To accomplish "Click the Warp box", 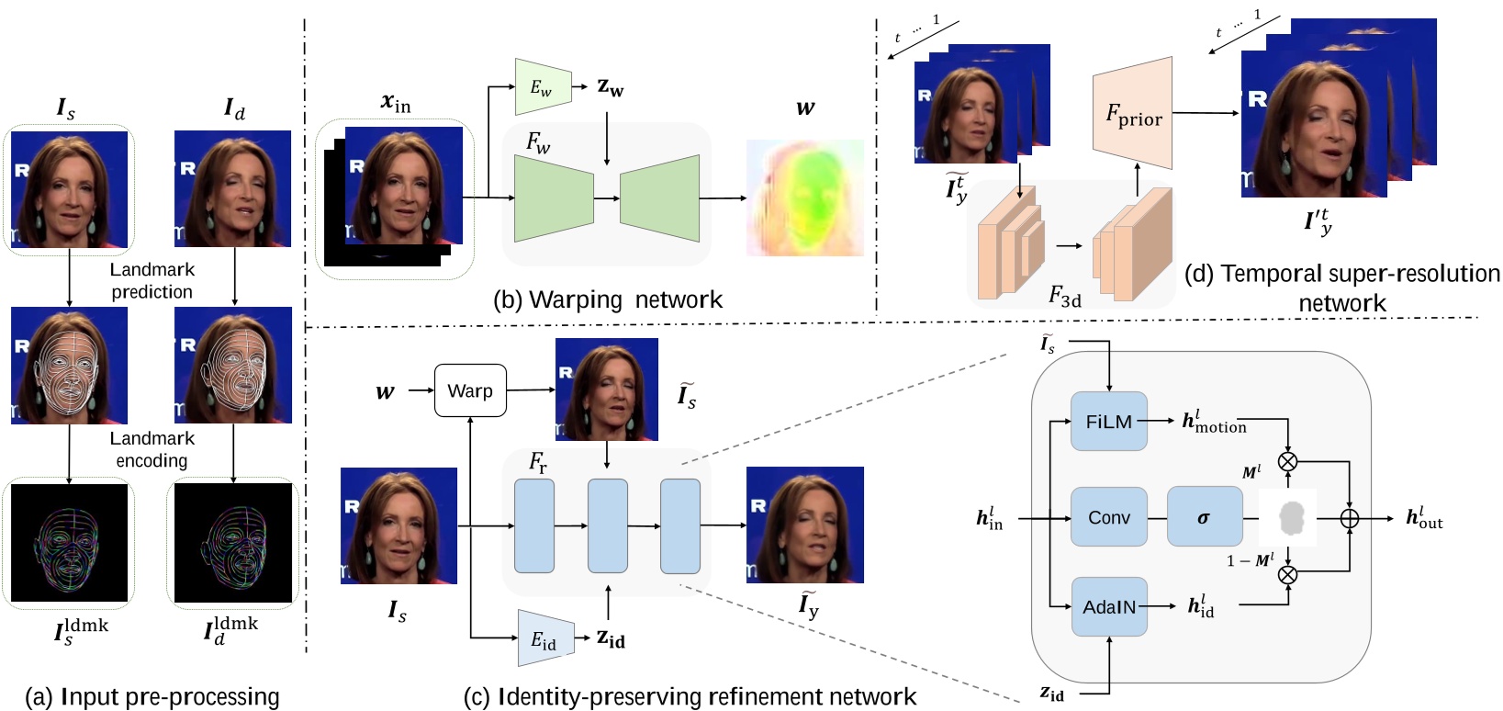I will pyautogui.click(x=470, y=390).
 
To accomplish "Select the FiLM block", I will pyautogui.click(x=1109, y=422).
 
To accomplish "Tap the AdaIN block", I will pyautogui.click(x=1109, y=607).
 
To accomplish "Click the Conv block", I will pyautogui.click(x=1109, y=517).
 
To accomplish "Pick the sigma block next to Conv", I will pyautogui.click(x=1204, y=517).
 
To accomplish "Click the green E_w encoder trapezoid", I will pyautogui.click(x=543, y=87).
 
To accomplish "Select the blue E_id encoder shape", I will pyautogui.click(x=545, y=638).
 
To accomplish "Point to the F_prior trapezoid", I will pyautogui.click(x=1133, y=113).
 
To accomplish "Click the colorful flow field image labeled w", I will pyautogui.click(x=804, y=197).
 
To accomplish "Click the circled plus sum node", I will pyautogui.click(x=1349, y=519).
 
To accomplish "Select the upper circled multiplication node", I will pyautogui.click(x=1288, y=461).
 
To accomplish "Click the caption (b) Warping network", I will pyautogui.click(x=607, y=299).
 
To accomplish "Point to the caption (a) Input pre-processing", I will pyautogui.click(x=151, y=697).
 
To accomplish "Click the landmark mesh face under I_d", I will pyautogui.click(x=233, y=365).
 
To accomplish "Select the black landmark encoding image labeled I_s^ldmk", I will pyautogui.click(x=69, y=543).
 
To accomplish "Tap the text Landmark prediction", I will pyautogui.click(x=151, y=280).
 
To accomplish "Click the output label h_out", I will pyautogui.click(x=1423, y=518).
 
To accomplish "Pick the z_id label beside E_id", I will pyautogui.click(x=611, y=638).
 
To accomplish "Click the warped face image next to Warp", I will pyautogui.click(x=606, y=389).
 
